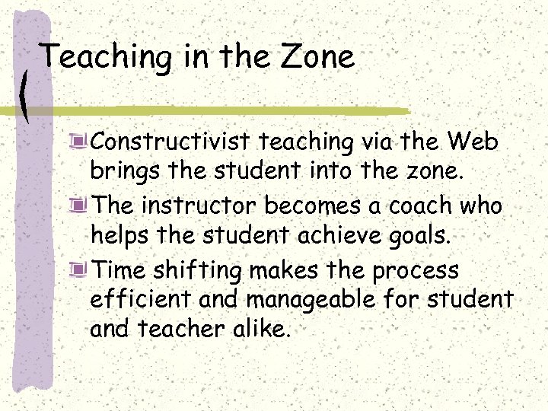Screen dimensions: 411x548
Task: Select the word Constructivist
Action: coord(172,142)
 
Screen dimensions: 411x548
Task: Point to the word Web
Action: coord(473,142)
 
